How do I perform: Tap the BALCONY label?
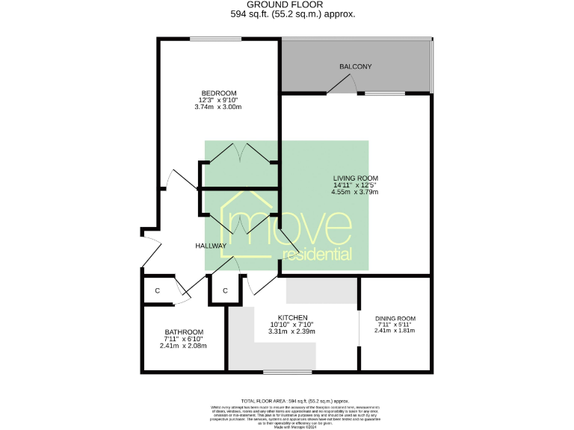pos(355,67)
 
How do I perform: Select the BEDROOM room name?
pos(217,93)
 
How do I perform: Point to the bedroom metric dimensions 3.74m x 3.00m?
pos(217,107)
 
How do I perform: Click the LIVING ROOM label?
pos(355,178)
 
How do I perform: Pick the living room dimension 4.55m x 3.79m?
pos(355,193)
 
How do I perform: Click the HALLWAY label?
pos(211,246)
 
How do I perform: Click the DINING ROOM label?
pos(395,318)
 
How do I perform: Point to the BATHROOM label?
pos(183,331)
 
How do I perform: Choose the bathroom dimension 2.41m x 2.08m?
pos(183,346)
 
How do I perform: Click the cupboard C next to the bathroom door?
pos(158,290)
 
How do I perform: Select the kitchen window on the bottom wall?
pos(288,371)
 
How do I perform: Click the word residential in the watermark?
pos(316,255)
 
